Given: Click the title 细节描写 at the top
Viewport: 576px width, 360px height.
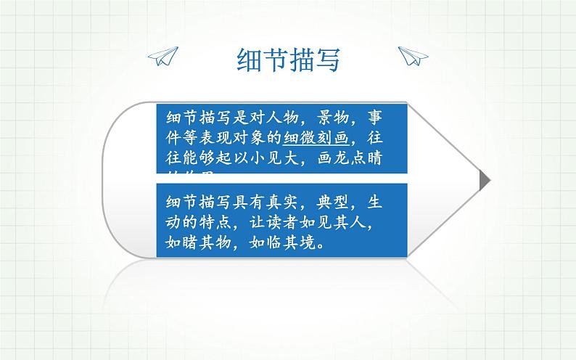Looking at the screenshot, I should click(x=288, y=60).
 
